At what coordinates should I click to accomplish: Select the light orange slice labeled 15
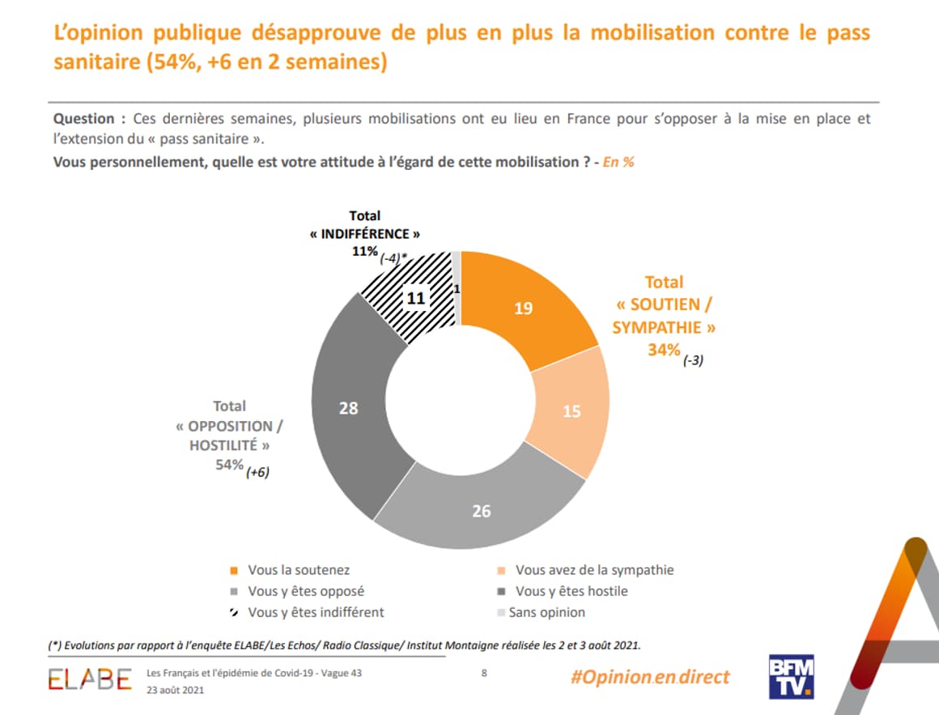pyautogui.click(x=571, y=411)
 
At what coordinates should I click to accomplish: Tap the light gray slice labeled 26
pyautogui.click(x=482, y=510)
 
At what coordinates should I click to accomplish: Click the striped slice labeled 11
pyautogui.click(x=415, y=298)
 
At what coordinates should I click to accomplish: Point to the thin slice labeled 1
pyautogui.click(x=457, y=288)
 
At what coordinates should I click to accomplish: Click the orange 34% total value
pyautogui.click(x=663, y=350)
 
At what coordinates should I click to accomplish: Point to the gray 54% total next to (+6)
pyautogui.click(x=228, y=464)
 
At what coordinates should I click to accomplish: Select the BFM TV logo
pyautogui.click(x=791, y=676)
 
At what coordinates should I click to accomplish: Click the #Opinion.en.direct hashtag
pyautogui.click(x=649, y=676)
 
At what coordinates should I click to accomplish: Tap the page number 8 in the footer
pyautogui.click(x=484, y=672)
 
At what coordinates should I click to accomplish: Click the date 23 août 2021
pyautogui.click(x=176, y=690)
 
